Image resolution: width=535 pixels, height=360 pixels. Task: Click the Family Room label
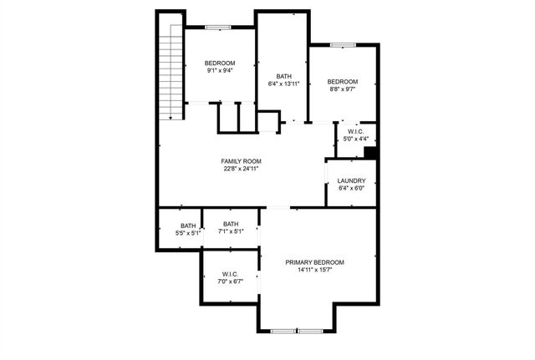tap(241, 161)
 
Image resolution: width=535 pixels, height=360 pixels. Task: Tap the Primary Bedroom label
tap(314, 262)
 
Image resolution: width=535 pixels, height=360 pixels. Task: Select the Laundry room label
tap(351, 181)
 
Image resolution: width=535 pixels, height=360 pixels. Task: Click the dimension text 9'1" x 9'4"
tap(220, 71)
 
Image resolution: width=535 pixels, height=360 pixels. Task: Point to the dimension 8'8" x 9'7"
tap(342, 89)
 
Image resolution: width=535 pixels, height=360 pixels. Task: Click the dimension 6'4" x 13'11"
tap(283, 84)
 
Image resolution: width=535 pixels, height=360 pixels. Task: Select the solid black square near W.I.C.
tap(371, 152)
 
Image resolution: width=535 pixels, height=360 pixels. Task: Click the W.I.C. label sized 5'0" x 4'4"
tap(356, 131)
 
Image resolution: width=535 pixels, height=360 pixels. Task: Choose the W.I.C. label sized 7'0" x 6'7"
tap(231, 275)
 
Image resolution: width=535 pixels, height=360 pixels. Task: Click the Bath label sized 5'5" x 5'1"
tap(188, 225)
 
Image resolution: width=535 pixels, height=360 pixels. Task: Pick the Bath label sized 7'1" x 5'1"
tap(231, 223)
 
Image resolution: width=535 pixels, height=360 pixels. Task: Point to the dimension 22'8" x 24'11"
tap(241, 169)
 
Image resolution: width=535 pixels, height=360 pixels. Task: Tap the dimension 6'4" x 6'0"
tap(351, 189)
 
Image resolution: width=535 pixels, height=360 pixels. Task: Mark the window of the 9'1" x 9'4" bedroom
tap(219, 28)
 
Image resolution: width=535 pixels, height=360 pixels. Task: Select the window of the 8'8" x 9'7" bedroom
tap(343, 44)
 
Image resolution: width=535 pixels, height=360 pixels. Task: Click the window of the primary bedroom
tap(297, 332)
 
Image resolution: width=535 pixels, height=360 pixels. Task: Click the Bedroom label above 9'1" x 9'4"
tap(220, 63)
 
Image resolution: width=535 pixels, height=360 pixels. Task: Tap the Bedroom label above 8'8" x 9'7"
tap(342, 81)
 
